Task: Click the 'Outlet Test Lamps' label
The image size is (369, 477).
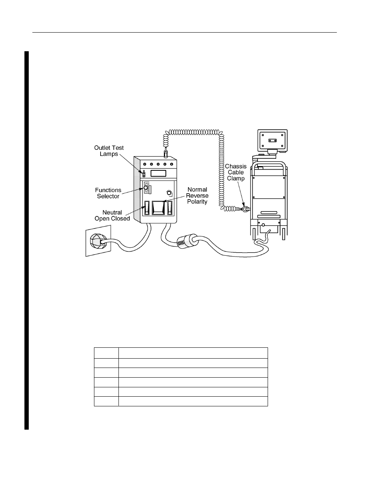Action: [x=109, y=151]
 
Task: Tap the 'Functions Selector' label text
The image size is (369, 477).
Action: [x=108, y=193]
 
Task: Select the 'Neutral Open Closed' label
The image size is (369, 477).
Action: [x=112, y=215]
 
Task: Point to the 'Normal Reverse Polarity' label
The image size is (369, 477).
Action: [x=197, y=196]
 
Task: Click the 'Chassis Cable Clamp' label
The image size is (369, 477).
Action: [x=236, y=172]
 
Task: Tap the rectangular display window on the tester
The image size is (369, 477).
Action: [x=158, y=173]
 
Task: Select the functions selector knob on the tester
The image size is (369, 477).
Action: [x=146, y=188]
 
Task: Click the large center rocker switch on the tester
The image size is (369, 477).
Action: [x=158, y=208]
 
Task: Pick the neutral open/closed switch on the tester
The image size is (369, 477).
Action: [x=147, y=208]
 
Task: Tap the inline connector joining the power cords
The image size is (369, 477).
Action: [x=187, y=241]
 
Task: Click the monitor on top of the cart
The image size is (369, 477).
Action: [x=272, y=141]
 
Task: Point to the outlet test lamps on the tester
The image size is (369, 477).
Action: [x=144, y=175]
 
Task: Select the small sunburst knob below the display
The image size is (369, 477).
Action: [x=169, y=193]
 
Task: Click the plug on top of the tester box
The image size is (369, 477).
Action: [x=166, y=153]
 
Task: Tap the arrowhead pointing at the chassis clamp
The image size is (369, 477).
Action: [x=243, y=205]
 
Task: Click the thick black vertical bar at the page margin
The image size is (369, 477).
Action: [x=26, y=240]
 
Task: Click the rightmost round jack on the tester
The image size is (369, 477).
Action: [x=172, y=164]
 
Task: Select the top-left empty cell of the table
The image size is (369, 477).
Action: [x=106, y=353]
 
